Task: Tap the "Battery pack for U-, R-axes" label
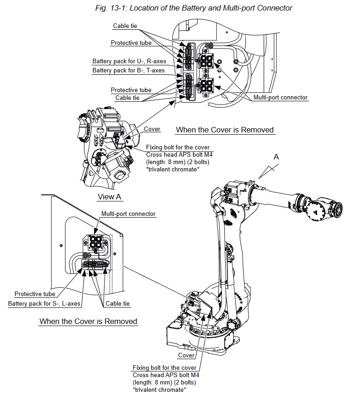129,61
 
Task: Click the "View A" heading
109,197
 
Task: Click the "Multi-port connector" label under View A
128,214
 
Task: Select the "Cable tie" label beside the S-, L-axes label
118,304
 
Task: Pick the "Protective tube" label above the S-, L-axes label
35,294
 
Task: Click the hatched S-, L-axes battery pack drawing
96,264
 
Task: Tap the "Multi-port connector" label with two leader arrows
280,98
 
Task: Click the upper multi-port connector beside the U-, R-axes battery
205,61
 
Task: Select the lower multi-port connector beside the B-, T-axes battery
205,85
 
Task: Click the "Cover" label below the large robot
186,356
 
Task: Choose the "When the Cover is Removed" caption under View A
89,321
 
